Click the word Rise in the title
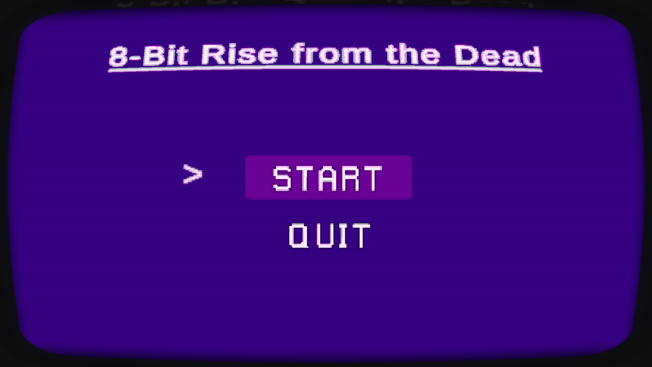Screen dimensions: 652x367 [239, 54]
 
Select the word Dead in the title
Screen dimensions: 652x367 [497, 55]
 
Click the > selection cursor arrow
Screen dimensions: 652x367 [193, 174]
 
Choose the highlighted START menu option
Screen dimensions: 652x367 [328, 177]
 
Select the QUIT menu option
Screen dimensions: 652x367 [329, 235]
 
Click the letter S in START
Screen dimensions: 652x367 [282, 178]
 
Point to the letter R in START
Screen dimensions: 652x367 [349, 178]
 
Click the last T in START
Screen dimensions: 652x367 [372, 178]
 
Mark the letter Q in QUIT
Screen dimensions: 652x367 [298, 235]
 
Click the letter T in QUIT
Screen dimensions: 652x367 [361, 235]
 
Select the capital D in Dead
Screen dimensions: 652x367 [466, 55]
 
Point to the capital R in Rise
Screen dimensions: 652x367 [213, 55]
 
